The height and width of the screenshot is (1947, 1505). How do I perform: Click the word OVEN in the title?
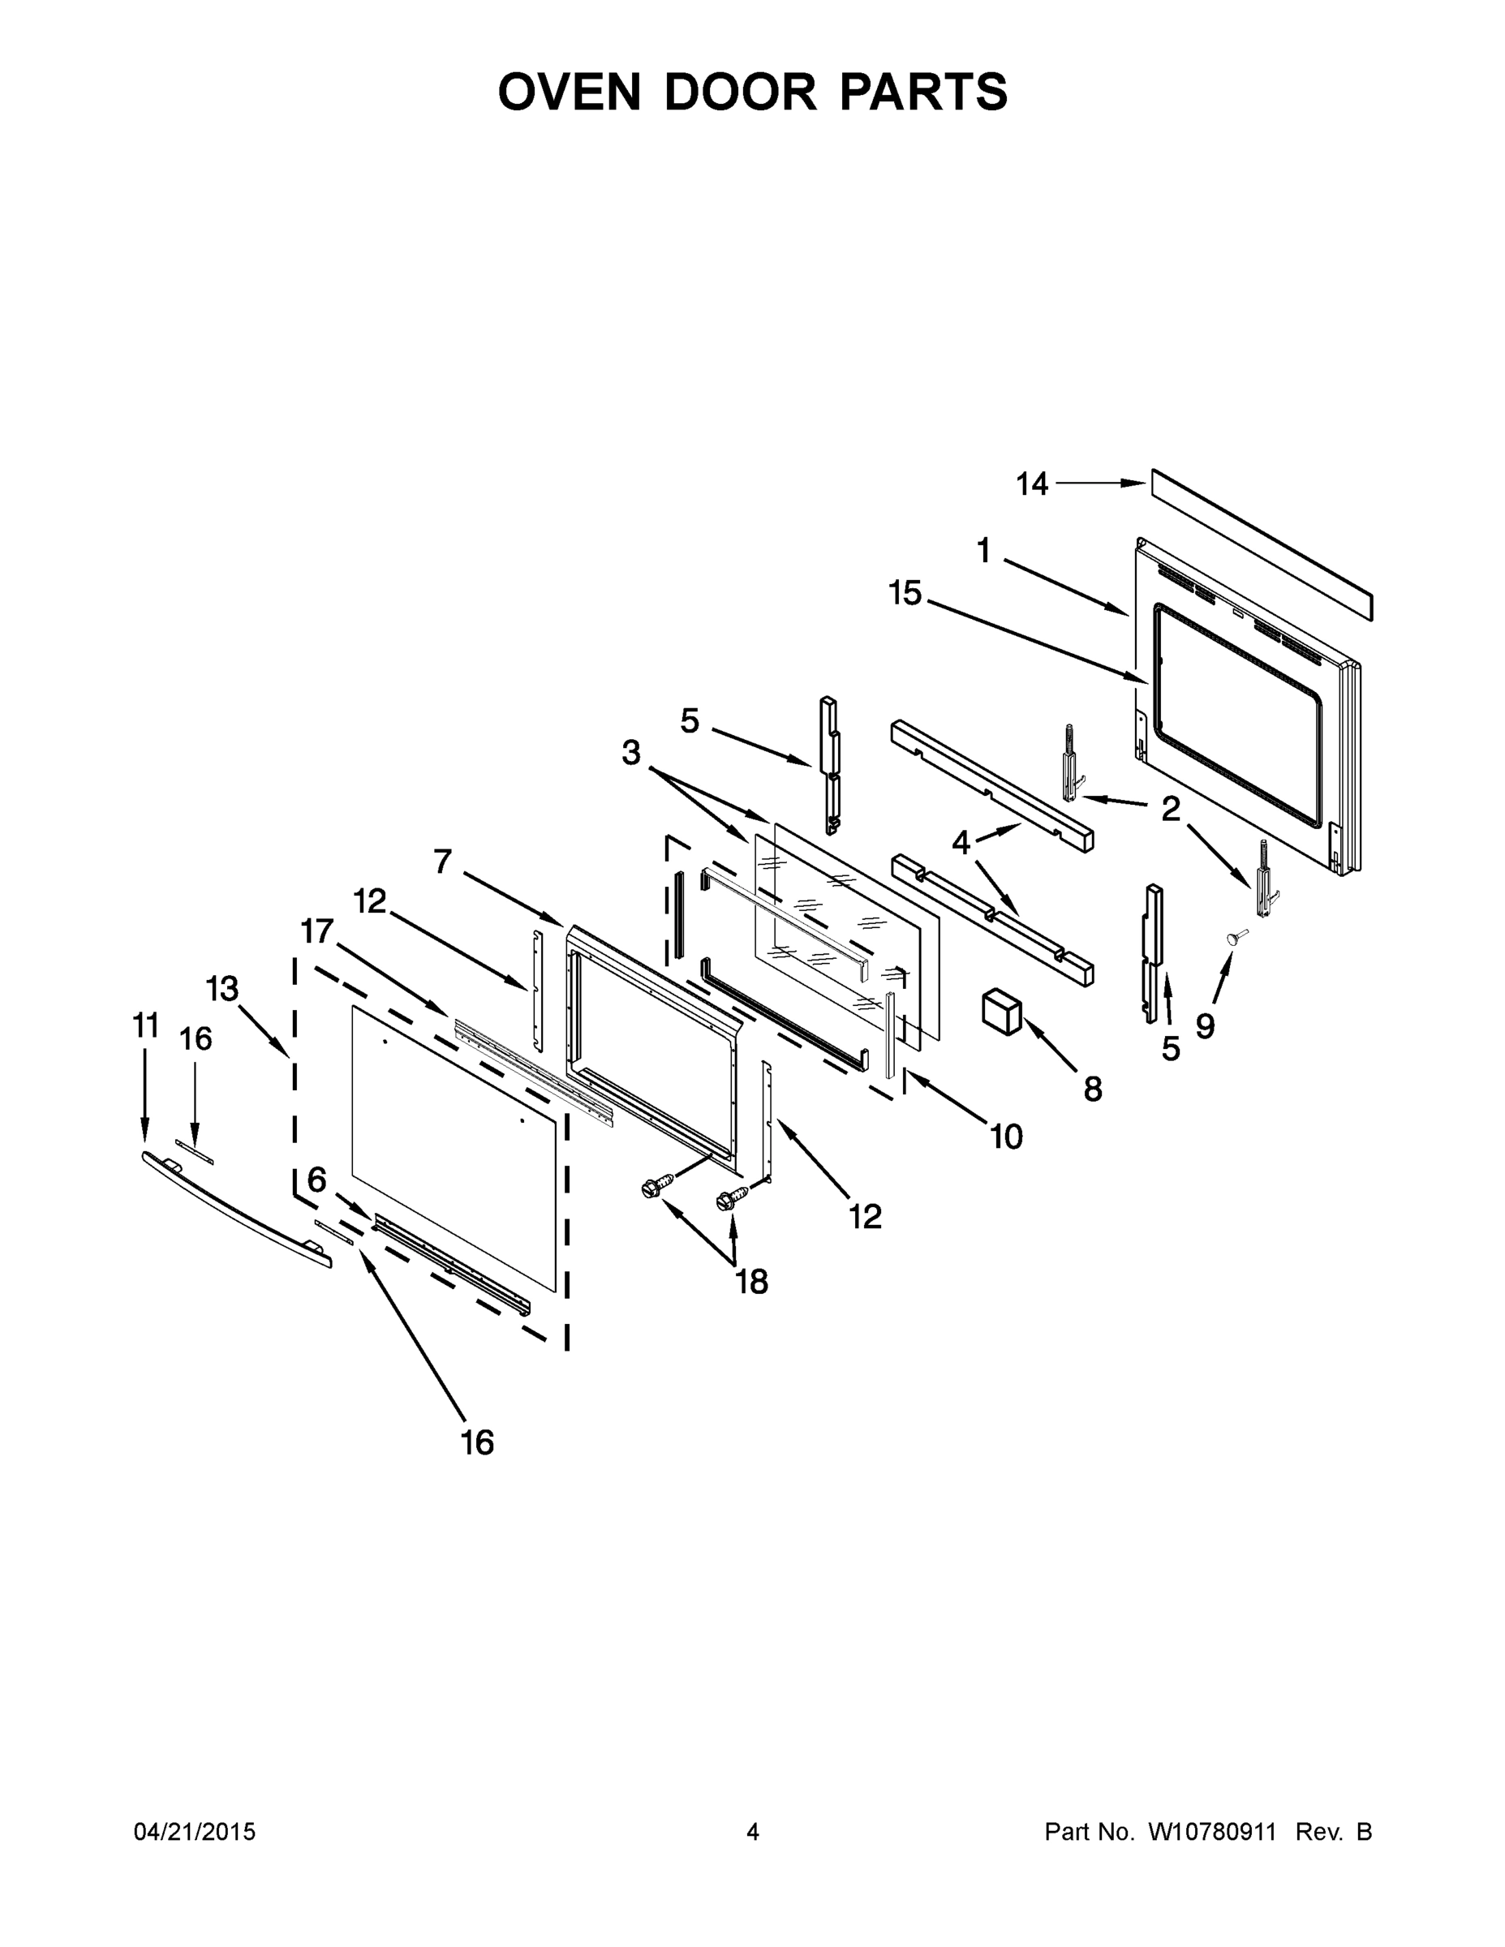(569, 92)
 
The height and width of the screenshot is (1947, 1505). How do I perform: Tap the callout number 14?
(1033, 484)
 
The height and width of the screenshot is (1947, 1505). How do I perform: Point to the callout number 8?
(1093, 1089)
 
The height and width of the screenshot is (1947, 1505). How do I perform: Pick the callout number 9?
(1205, 1026)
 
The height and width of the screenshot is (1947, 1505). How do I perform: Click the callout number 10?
(1007, 1137)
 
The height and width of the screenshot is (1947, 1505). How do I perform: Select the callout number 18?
(751, 1282)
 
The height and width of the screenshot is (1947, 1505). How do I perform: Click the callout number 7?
(443, 862)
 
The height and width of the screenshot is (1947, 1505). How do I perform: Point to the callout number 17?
(316, 932)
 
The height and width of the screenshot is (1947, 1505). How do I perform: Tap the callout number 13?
(223, 989)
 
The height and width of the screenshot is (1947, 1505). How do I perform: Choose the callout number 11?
(146, 1026)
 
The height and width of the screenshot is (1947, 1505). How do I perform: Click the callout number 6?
(317, 1180)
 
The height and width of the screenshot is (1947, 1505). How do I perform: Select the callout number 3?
(631, 754)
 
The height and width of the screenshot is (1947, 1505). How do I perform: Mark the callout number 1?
(983, 551)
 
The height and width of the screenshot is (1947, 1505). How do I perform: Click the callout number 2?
(1171, 809)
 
